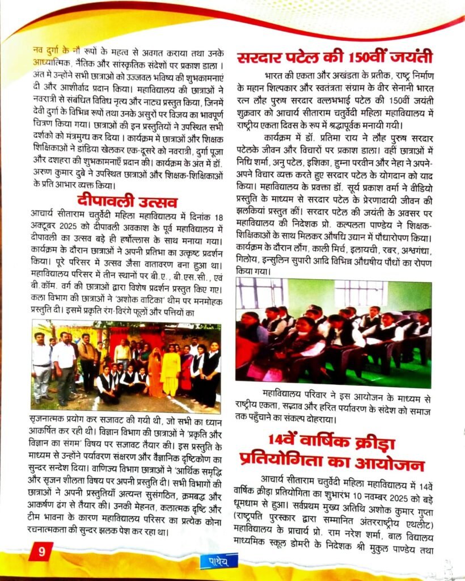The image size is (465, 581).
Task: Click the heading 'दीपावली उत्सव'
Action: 127,201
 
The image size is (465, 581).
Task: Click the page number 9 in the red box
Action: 40,550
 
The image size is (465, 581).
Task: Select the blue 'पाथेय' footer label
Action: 218,562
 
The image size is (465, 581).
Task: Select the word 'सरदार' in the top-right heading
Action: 263,57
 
